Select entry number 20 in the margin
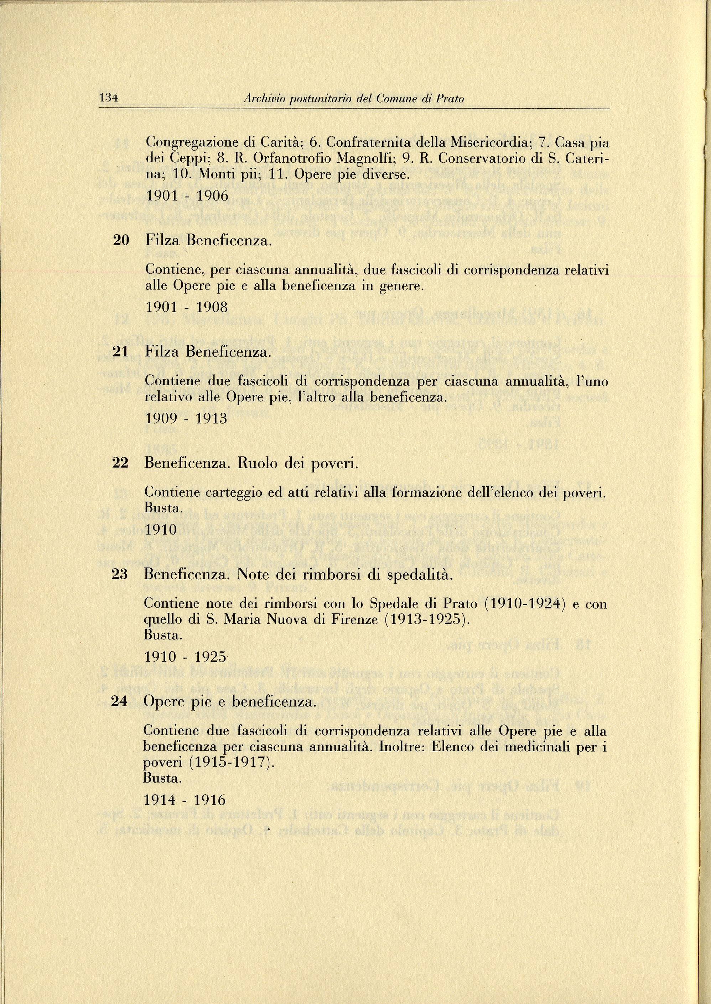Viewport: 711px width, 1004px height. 121,240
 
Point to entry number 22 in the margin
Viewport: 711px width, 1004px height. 120,463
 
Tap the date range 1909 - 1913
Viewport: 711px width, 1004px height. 186,419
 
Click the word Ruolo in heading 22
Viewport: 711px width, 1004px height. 258,463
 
